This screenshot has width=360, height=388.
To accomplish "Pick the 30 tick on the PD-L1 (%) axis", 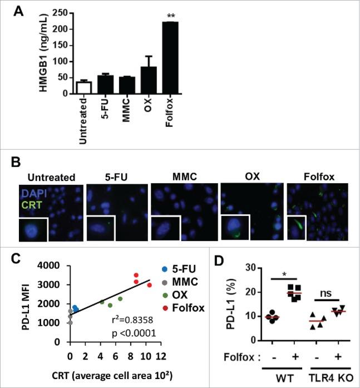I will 254,268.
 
